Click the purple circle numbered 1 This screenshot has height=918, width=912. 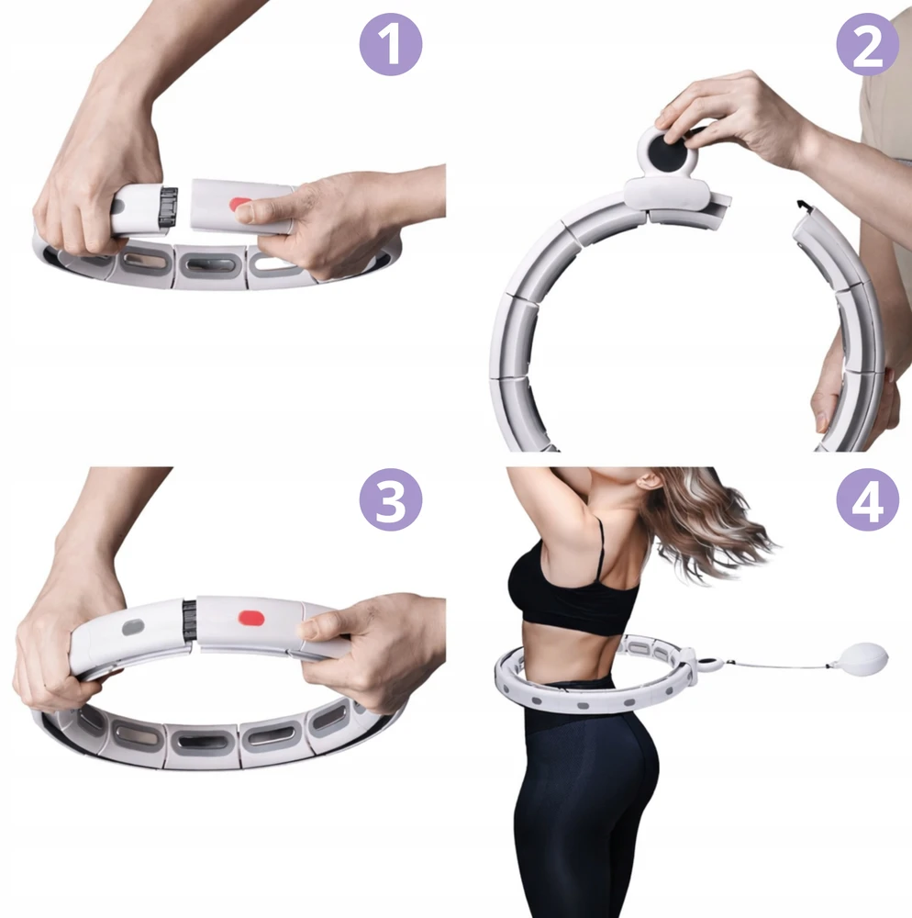pyautogui.click(x=391, y=44)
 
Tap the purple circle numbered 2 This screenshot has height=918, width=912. pyautogui.click(x=868, y=44)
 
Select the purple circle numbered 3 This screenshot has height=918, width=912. pyautogui.click(x=391, y=498)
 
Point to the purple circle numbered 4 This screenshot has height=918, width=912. pyautogui.click(x=868, y=498)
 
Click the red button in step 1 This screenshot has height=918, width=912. pyautogui.click(x=240, y=205)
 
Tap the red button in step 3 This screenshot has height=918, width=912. pyautogui.click(x=251, y=618)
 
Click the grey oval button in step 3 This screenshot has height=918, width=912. pyautogui.click(x=133, y=627)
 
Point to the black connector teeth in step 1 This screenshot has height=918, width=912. pyautogui.click(x=169, y=207)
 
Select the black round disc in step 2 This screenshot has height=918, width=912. pyautogui.click(x=667, y=149)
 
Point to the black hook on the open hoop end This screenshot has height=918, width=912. pyautogui.click(x=803, y=207)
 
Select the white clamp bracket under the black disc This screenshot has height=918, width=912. pyautogui.click(x=667, y=195)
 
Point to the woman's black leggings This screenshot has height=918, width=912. pyautogui.click(x=585, y=796)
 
